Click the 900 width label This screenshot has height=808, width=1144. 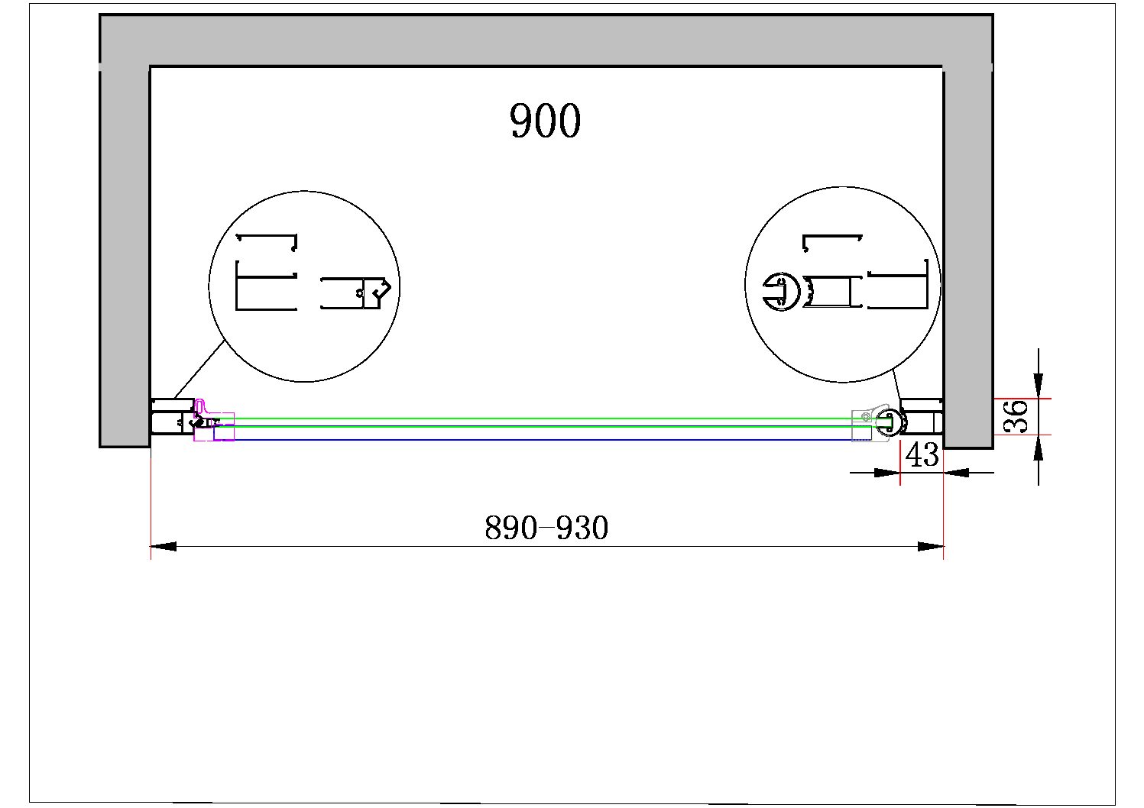(x=545, y=121)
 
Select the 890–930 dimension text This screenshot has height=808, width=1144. (x=546, y=528)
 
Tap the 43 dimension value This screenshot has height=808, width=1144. (x=922, y=455)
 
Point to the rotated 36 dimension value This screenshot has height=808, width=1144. (x=1016, y=416)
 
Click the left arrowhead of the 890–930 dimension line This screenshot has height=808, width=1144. (x=164, y=547)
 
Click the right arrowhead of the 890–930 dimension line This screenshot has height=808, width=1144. (x=931, y=547)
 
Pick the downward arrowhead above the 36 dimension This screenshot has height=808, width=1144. (x=1039, y=386)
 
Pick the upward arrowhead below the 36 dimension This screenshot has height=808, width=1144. (x=1039, y=448)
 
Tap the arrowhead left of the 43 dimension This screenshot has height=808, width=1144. (x=887, y=473)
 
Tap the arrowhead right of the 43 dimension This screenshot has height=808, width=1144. (x=956, y=473)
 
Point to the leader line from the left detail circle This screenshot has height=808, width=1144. (x=199, y=370)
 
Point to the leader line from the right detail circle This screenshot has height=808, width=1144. (x=896, y=389)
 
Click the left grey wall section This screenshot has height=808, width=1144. (x=124, y=255)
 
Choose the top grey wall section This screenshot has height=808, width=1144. (x=546, y=40)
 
